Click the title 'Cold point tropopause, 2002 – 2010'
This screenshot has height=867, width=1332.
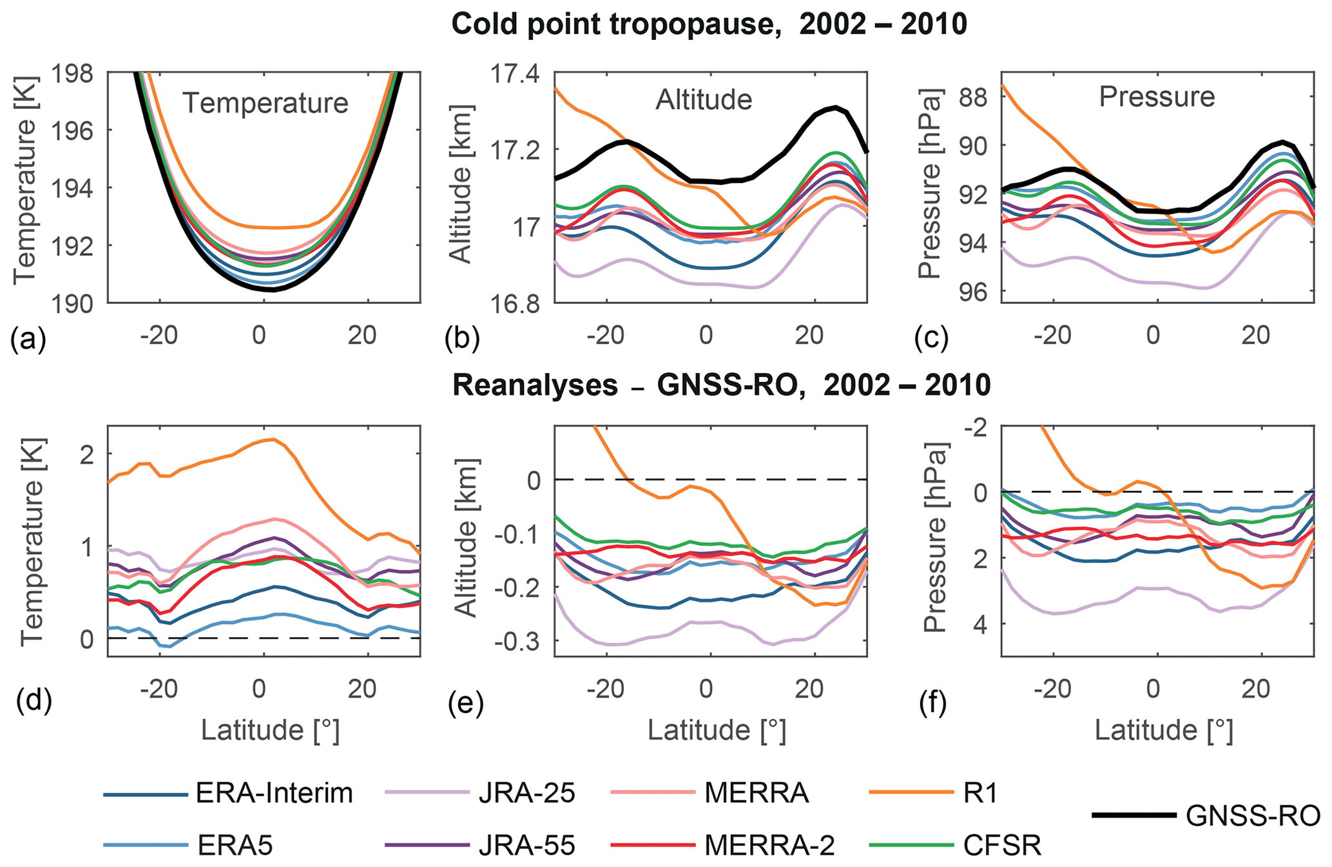[x=709, y=24]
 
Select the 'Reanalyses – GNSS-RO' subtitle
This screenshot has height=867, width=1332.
[x=721, y=385]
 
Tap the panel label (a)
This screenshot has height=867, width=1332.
[x=28, y=339]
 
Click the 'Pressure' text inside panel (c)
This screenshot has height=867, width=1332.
[x=1157, y=97]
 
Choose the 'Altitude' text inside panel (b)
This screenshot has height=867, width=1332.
[x=704, y=100]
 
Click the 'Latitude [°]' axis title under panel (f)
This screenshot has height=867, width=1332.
[x=1164, y=730]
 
